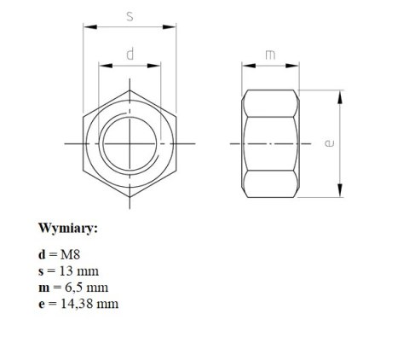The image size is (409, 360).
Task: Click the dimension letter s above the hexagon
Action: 130,15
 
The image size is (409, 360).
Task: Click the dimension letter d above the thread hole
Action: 130,55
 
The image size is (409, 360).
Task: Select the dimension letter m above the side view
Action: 269,55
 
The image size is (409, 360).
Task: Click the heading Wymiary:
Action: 68,229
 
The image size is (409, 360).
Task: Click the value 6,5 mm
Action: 85,287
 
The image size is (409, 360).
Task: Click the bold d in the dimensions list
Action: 42,254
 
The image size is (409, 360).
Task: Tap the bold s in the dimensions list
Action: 41,270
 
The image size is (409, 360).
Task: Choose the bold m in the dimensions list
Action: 43,287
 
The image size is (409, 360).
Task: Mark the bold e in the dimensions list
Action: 41,303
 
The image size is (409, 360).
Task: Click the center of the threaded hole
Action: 130,143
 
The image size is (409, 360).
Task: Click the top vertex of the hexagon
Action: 130,89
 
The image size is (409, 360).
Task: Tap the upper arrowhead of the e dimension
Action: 342,94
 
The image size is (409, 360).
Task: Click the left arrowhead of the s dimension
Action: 86,26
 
